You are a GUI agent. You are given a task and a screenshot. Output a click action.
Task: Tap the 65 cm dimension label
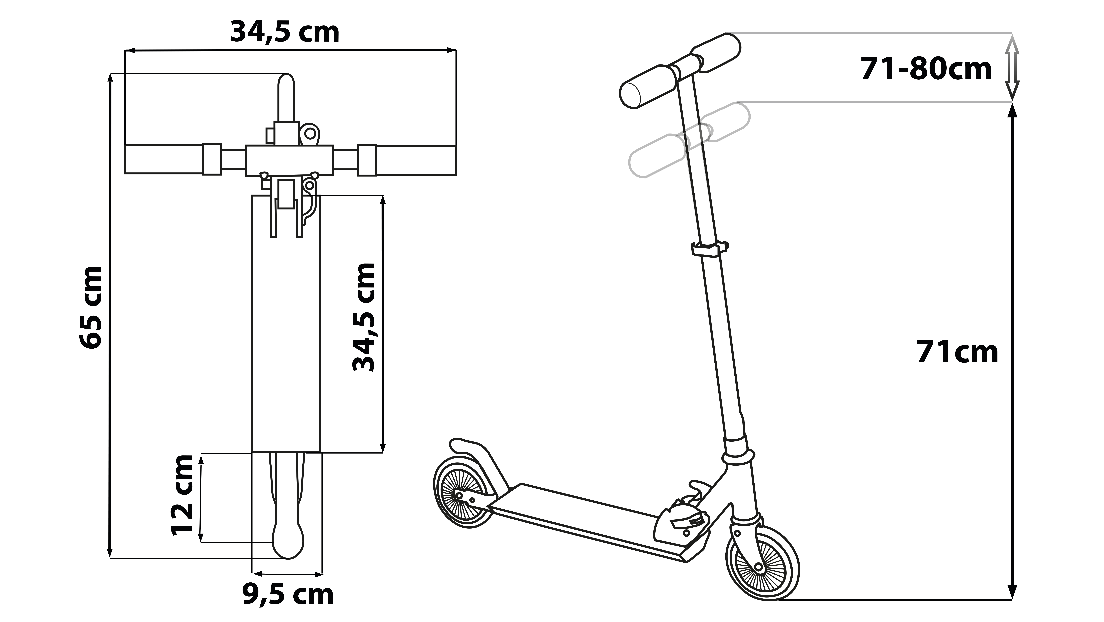91,307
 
